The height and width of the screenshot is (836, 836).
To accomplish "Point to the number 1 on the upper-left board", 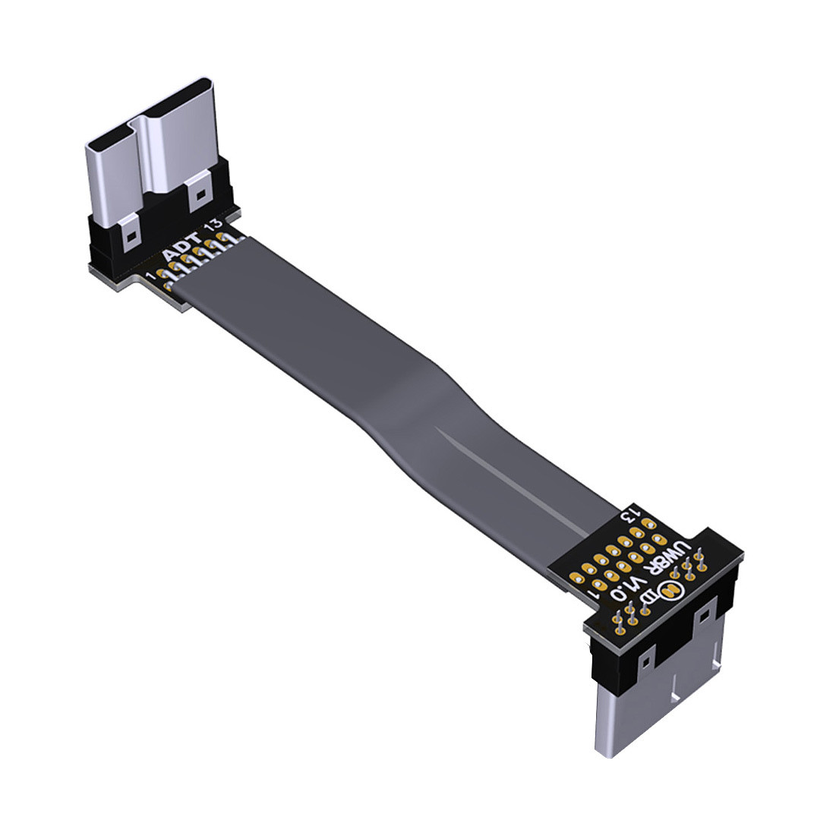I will (151, 276).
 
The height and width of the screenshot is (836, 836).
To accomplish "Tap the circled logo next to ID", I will (670, 590).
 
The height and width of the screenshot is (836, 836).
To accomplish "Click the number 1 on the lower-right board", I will (592, 599).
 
